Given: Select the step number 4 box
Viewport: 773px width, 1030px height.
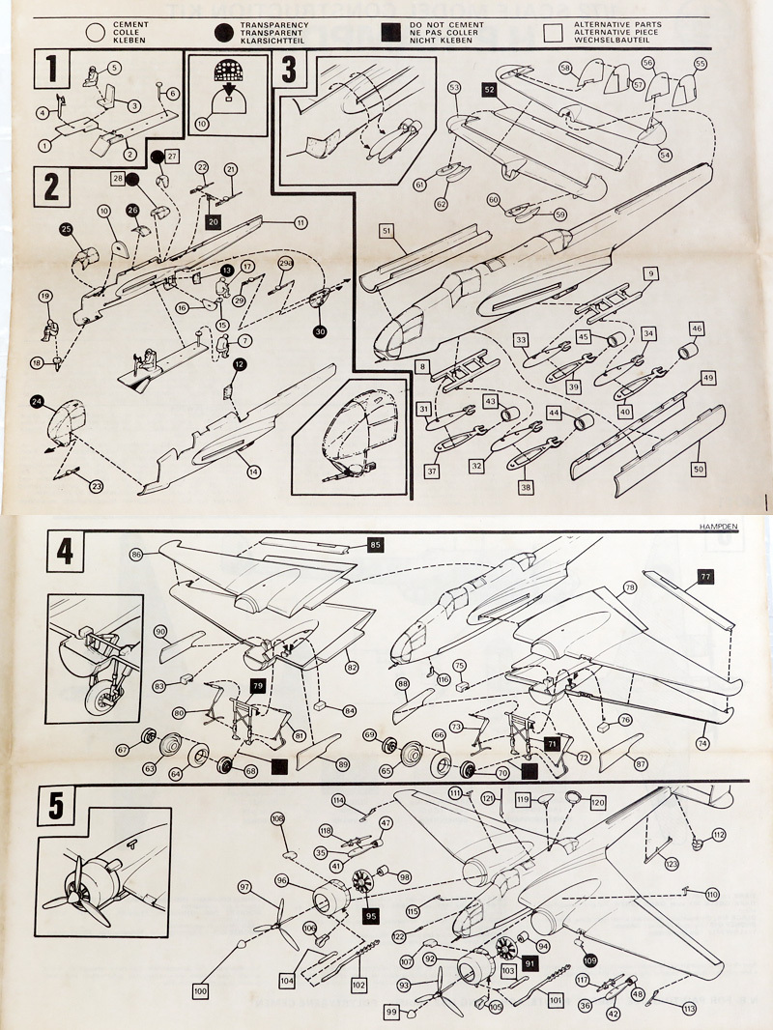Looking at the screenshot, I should click(x=65, y=553).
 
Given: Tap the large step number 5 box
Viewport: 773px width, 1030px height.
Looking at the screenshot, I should click(x=57, y=807).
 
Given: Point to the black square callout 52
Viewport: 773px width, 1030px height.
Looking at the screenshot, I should click(x=490, y=89).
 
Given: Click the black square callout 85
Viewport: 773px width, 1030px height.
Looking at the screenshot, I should click(x=375, y=545).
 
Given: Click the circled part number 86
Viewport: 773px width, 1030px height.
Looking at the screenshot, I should click(x=137, y=554).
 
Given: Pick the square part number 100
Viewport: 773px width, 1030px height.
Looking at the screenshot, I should click(x=201, y=991).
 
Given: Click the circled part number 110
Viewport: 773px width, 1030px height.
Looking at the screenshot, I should click(x=712, y=895).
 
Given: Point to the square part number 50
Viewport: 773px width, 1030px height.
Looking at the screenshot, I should click(x=698, y=468).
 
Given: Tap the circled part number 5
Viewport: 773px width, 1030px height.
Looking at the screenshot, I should click(x=114, y=68).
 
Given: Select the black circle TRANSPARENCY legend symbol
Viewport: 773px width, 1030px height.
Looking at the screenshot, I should click(x=225, y=30).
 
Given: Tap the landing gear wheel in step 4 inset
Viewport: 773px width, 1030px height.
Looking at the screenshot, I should click(x=99, y=692).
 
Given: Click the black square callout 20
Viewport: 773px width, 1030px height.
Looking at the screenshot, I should click(x=214, y=221).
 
